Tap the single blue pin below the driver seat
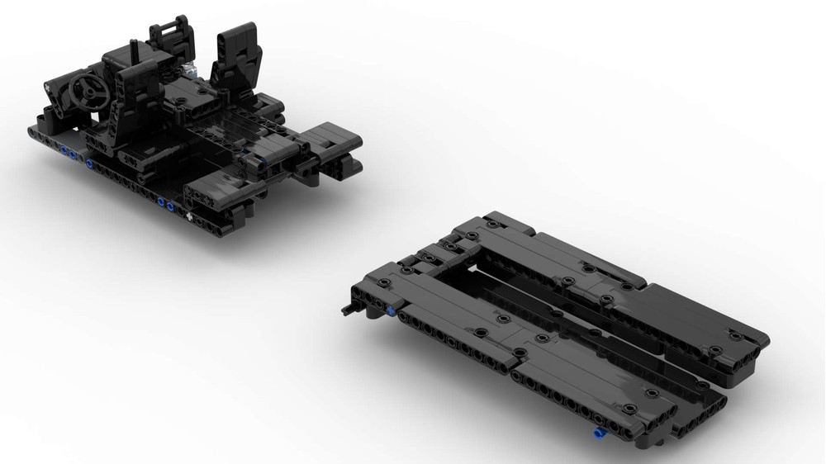(x=89, y=163)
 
